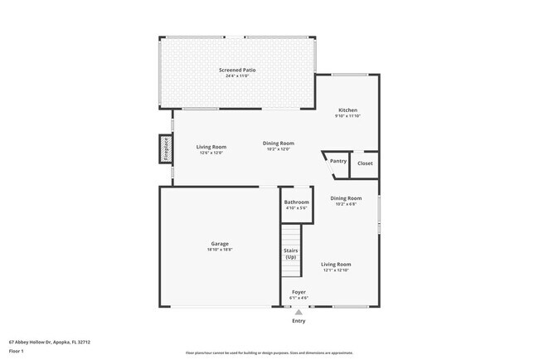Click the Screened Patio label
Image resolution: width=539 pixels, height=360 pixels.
click(237, 71)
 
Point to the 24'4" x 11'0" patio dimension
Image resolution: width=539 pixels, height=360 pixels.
click(237, 76)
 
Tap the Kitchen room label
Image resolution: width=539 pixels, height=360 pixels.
click(347, 110)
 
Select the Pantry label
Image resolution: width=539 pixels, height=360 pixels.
click(338, 161)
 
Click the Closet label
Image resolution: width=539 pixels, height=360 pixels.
click(365, 163)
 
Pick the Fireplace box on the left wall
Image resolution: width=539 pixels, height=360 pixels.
click(166, 149)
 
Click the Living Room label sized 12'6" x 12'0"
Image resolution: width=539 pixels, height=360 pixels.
click(211, 147)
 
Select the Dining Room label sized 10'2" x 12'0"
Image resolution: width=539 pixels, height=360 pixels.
click(279, 144)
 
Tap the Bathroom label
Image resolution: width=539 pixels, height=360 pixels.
click(296, 202)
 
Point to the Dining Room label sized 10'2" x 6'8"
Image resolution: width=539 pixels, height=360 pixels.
click(346, 198)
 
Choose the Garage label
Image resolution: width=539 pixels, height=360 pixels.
click(219, 244)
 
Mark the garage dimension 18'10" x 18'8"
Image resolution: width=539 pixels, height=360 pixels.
click(219, 250)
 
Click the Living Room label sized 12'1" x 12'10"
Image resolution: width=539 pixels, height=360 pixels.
click(336, 264)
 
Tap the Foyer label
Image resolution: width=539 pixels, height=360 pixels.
click(298, 292)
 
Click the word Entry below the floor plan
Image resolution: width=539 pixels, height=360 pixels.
click(299, 321)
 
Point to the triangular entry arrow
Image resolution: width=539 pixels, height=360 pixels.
click(299, 312)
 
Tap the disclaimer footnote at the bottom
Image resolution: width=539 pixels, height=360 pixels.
click(269, 353)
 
